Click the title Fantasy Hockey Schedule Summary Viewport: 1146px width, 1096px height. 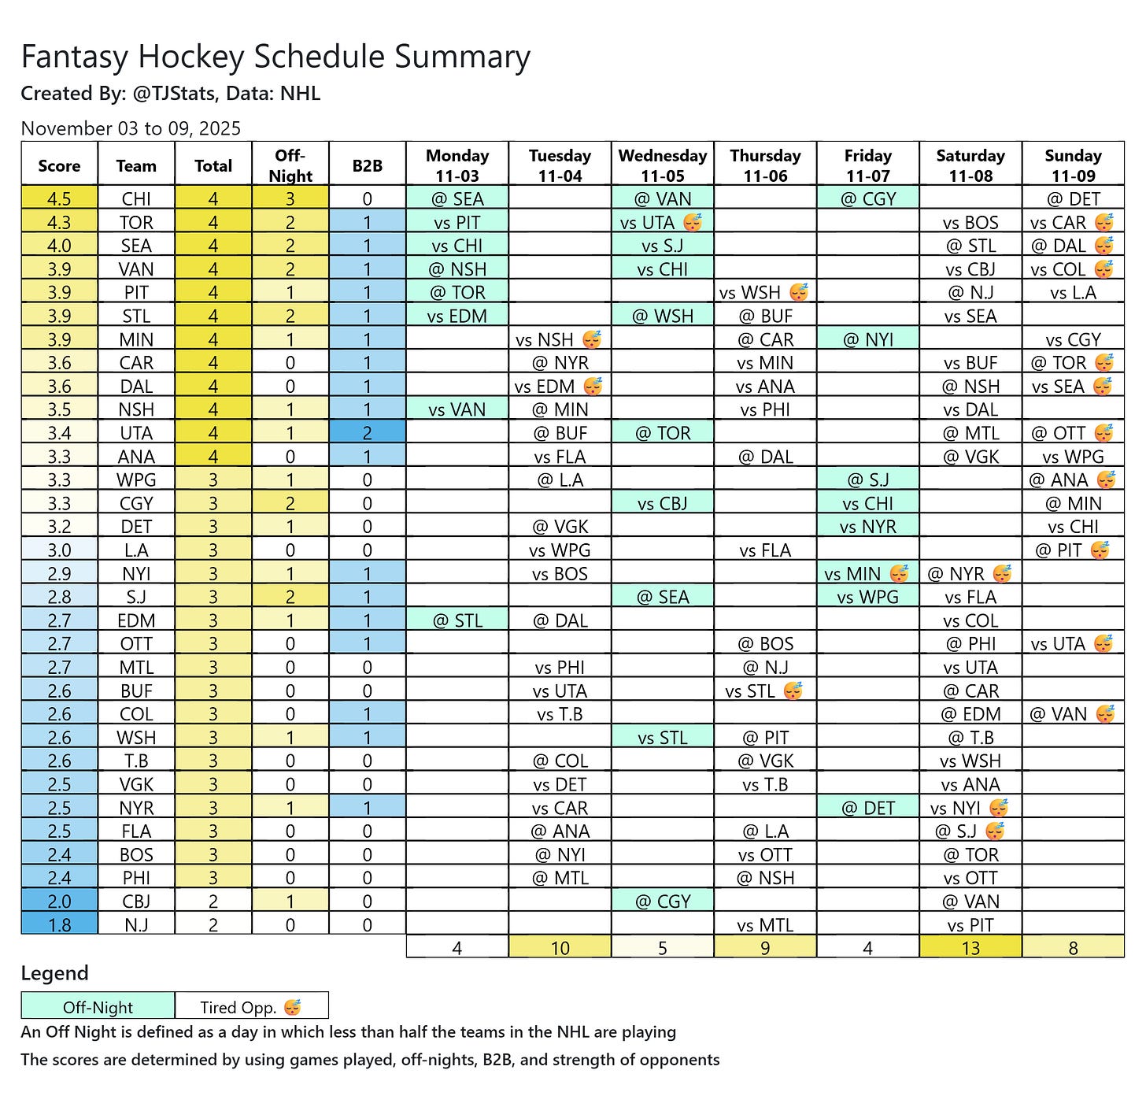(x=275, y=57)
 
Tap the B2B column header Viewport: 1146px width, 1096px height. (x=368, y=166)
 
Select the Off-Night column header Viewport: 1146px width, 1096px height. (x=290, y=165)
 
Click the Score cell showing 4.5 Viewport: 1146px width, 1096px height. (x=59, y=199)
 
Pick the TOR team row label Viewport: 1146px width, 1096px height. (x=136, y=223)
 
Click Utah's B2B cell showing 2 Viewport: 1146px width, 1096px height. (x=368, y=433)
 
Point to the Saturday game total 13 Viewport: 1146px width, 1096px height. (x=970, y=948)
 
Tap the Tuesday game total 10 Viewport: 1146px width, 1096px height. (x=560, y=948)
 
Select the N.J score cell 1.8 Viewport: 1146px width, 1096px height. (x=59, y=925)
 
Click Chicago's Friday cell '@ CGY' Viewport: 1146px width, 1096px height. (x=868, y=199)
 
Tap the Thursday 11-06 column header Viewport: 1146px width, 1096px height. (x=765, y=165)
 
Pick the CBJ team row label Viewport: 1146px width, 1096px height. (x=136, y=902)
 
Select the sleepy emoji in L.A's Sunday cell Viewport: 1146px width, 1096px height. (x=1100, y=550)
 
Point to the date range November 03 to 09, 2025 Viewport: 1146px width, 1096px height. (x=131, y=128)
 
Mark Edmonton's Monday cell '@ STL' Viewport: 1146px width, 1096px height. (x=457, y=620)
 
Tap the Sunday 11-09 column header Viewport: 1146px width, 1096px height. (x=1073, y=165)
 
